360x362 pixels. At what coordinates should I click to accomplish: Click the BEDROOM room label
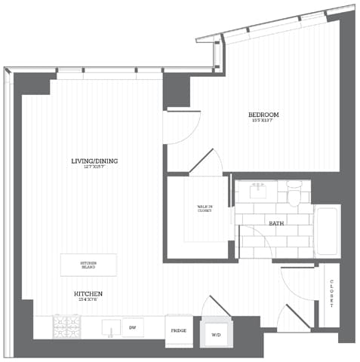point(263,115)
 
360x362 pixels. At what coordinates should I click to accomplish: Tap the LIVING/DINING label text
point(94,161)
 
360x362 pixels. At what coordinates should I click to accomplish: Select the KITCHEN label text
point(88,293)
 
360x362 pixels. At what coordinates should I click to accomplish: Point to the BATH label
point(276,223)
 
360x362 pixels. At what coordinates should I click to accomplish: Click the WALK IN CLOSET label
point(204,210)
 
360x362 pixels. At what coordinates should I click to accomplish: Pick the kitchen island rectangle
point(88,265)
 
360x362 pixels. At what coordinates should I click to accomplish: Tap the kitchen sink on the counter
point(110,327)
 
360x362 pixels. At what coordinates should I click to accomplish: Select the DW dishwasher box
point(133,327)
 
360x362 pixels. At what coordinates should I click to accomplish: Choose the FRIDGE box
point(179,330)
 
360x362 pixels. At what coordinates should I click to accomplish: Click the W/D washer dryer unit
point(216,334)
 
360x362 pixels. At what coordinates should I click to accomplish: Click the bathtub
point(327,231)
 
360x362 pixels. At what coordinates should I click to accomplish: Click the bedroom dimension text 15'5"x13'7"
point(263,121)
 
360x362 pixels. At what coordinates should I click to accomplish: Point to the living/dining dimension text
point(94,167)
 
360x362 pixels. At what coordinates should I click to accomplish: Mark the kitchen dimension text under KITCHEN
point(88,299)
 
